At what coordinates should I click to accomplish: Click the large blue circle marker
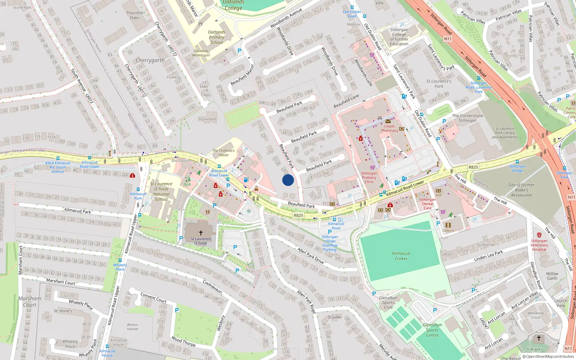point(288,180)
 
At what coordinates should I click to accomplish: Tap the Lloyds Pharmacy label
point(390,129)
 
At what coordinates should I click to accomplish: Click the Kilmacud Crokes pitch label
point(401,256)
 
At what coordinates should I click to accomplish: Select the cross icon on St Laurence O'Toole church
point(201,233)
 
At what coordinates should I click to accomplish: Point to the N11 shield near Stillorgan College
point(447,39)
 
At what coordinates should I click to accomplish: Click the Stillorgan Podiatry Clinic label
point(369,177)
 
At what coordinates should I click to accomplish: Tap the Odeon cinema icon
point(448,225)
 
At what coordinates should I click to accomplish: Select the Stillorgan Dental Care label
point(427,204)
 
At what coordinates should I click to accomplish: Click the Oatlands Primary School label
point(216,37)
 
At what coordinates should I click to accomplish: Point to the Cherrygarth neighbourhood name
point(150,60)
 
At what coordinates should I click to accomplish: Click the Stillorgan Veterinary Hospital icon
point(539,235)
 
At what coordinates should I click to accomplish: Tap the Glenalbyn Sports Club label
point(388,302)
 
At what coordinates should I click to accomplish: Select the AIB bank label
point(438,195)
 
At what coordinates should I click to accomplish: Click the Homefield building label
point(207,119)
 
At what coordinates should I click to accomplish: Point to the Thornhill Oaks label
point(135,15)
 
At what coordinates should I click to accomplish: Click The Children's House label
point(223,153)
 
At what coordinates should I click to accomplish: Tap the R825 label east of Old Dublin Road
point(473,167)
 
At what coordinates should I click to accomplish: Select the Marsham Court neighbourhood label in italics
point(30,301)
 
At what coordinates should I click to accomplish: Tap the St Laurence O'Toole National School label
point(161,192)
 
